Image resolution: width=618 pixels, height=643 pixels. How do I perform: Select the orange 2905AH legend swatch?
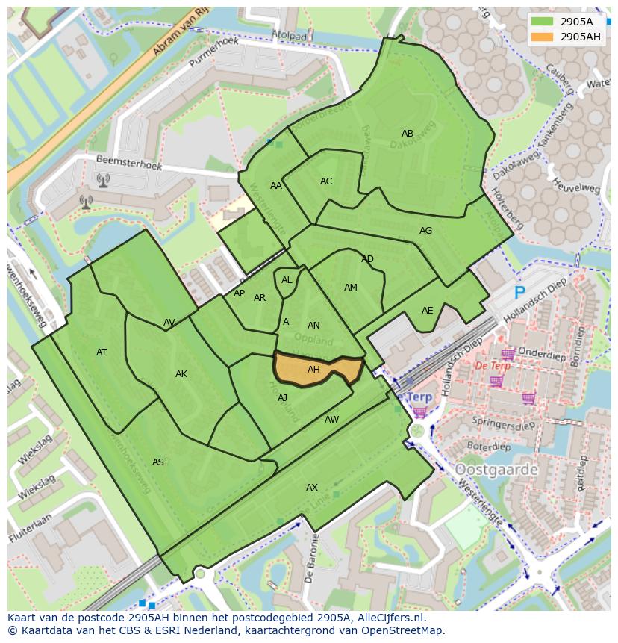[543, 37]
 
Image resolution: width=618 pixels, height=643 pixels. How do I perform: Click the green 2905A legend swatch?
[543, 22]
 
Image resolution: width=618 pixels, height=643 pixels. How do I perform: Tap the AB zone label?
[408, 134]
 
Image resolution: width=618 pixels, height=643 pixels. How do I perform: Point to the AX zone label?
[312, 488]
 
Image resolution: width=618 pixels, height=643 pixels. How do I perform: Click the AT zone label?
[102, 352]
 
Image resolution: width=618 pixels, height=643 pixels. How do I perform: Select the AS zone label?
[158, 462]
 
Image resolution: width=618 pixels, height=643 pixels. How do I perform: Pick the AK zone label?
[181, 374]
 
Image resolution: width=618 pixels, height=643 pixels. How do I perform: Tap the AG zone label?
[425, 231]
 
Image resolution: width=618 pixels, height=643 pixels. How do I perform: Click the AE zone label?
[427, 311]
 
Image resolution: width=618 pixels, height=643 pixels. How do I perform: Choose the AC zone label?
[326, 181]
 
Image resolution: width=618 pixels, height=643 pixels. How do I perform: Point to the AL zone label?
[287, 280]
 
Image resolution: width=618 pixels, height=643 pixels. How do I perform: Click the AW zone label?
[331, 420]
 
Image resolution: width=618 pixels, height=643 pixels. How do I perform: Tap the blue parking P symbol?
[519, 293]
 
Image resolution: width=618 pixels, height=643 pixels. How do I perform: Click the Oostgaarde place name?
[496, 470]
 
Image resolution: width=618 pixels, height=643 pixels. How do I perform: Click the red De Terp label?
[493, 366]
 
